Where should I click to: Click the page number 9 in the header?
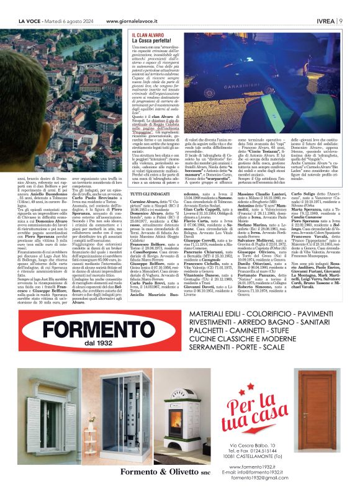[341, 20]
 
